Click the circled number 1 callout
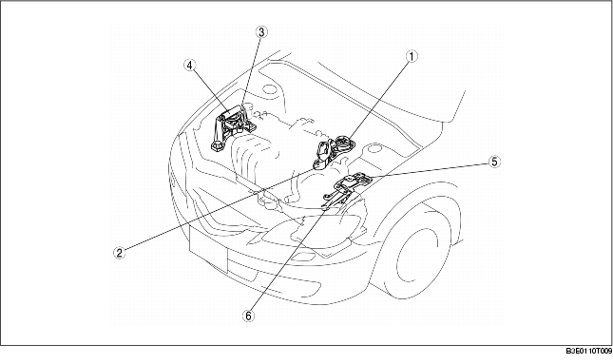click(412, 56)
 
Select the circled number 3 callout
click(259, 31)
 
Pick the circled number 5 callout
click(493, 162)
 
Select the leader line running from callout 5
click(428, 171)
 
